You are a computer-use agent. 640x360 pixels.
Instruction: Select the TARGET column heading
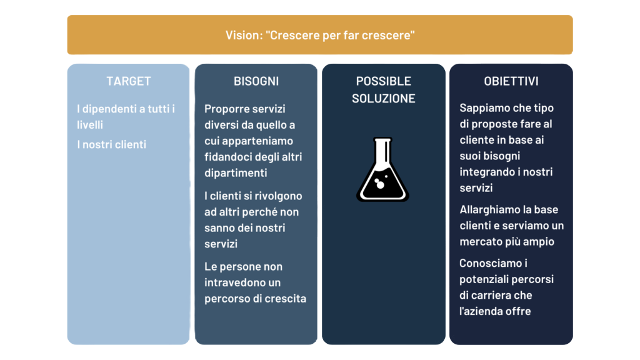(x=129, y=81)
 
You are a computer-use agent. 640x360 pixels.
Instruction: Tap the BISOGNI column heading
(x=256, y=81)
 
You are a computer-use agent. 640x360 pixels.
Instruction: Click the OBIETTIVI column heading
(x=511, y=81)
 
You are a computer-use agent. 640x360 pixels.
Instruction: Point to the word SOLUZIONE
(x=384, y=98)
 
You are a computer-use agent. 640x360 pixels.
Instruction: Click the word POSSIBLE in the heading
(x=384, y=81)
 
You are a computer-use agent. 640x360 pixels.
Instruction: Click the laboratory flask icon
(x=383, y=169)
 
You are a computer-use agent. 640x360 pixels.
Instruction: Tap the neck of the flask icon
(x=383, y=151)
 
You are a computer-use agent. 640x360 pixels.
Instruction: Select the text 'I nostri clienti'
(x=111, y=144)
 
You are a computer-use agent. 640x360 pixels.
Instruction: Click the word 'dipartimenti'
(x=236, y=173)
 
